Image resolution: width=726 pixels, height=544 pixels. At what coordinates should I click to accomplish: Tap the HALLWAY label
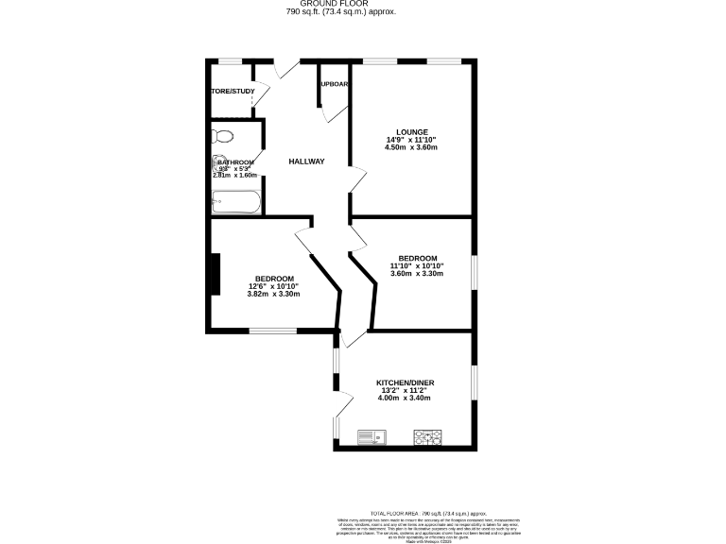coord(306,161)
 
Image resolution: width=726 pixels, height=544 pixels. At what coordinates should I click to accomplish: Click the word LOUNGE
coord(412,132)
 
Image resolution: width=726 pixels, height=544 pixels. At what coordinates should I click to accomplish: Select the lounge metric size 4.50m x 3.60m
coord(412,147)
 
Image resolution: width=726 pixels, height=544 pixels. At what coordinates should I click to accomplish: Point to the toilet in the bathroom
coord(221,135)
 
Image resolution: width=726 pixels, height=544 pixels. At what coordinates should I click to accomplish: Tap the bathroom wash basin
coord(219,162)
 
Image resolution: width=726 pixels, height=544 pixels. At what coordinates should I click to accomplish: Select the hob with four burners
coord(428,436)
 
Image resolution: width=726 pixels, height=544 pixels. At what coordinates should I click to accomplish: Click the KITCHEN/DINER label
coord(404,382)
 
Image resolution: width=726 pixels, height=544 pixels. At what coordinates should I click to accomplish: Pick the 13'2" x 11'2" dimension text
coord(404,390)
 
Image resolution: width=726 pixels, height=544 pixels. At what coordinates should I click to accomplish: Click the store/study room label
coord(232,92)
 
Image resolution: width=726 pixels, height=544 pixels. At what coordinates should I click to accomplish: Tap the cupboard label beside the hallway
coord(335,84)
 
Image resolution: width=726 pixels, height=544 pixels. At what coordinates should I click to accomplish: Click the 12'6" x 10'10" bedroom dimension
coord(273,286)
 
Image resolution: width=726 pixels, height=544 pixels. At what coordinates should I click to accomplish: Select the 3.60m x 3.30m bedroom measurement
coord(417,274)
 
